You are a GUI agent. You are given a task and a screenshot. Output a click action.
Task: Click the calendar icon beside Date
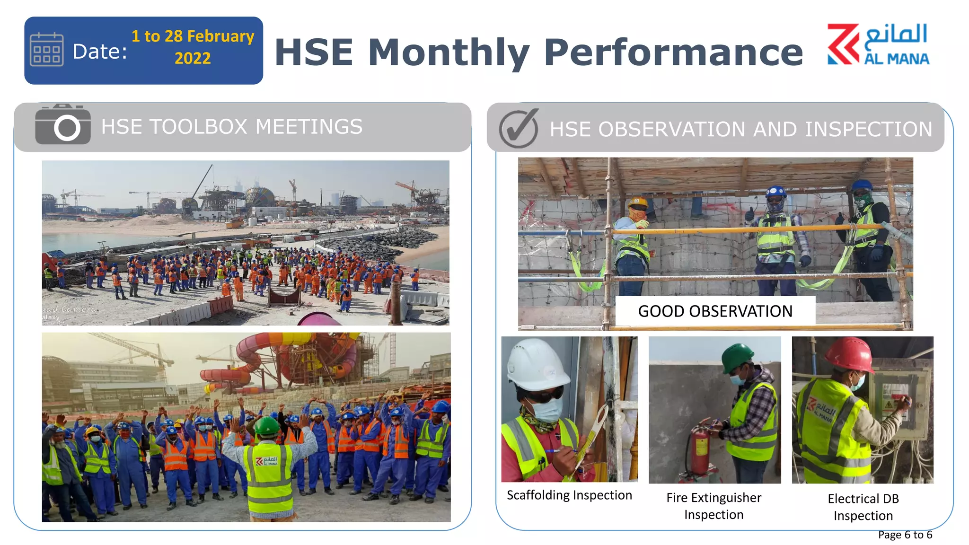click(46, 50)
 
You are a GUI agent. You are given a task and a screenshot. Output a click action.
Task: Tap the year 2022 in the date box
click(193, 59)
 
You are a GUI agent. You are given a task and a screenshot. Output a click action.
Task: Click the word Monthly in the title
click(449, 52)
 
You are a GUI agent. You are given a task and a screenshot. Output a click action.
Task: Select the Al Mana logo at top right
click(878, 44)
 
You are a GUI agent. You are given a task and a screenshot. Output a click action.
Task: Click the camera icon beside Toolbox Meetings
click(63, 125)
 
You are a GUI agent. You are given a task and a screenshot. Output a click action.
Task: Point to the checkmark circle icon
click(519, 129)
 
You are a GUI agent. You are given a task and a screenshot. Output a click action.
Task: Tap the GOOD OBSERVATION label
click(714, 311)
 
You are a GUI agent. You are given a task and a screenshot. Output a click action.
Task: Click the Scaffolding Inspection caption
click(569, 495)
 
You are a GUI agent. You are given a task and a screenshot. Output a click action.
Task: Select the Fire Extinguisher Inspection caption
click(714, 506)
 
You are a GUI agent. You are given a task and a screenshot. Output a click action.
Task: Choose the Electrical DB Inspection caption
click(863, 507)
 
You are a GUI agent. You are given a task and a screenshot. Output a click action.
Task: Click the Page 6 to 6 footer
click(905, 535)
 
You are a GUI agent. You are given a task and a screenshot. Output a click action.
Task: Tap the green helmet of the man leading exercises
click(267, 425)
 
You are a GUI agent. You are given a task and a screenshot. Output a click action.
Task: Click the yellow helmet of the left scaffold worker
click(638, 202)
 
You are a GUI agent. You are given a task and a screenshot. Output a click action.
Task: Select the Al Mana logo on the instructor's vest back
click(266, 460)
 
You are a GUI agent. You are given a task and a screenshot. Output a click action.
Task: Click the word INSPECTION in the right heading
click(868, 130)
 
